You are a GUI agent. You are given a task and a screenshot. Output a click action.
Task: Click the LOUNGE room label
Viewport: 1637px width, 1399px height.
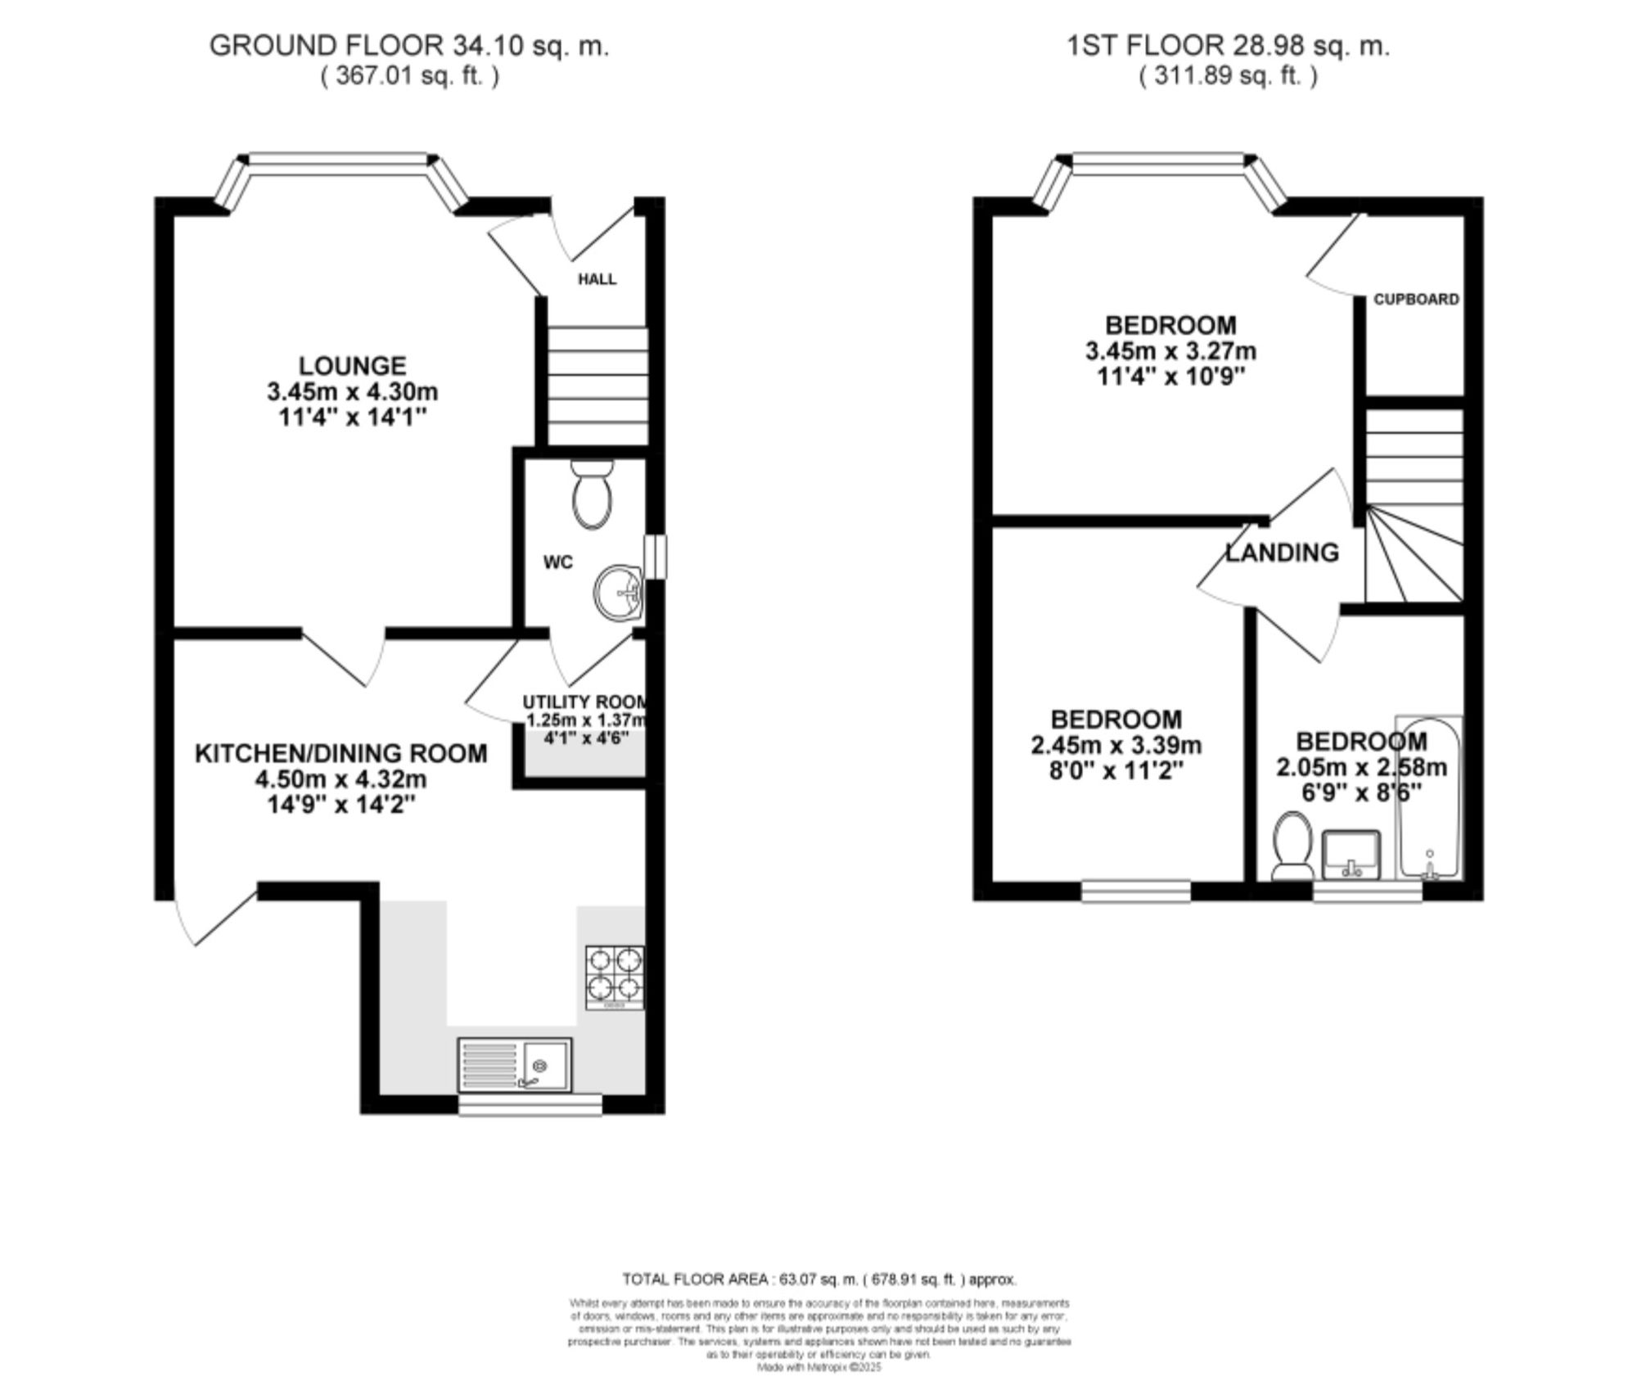pos(352,366)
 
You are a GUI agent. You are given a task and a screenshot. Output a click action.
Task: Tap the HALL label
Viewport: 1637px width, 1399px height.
pos(597,279)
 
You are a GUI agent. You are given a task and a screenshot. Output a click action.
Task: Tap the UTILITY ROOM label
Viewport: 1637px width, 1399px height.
pos(584,702)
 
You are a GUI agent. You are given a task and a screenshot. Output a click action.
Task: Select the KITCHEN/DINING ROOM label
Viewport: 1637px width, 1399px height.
pos(340,753)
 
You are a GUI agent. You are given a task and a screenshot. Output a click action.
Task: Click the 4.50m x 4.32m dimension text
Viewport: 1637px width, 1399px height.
pos(340,779)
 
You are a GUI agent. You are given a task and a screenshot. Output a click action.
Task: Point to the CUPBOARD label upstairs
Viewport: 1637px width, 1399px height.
pos(1416,300)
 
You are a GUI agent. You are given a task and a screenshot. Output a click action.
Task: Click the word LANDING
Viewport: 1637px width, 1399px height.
pos(1282,553)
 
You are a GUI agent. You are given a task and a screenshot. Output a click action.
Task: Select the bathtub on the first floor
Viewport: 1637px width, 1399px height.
pos(1428,798)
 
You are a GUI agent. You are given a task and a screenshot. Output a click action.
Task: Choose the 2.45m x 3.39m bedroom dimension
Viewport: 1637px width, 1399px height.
pos(1116,746)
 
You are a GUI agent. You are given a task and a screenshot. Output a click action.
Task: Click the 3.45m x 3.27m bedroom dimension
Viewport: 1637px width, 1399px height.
pos(1170,351)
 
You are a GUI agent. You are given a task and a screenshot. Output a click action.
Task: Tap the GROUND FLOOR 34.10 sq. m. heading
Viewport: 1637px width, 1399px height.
pos(409,45)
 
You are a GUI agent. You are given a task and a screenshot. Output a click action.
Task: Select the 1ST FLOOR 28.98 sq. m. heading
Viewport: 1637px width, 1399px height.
pos(1228,45)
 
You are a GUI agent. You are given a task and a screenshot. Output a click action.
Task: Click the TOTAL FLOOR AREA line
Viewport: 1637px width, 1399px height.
pos(819,1279)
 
